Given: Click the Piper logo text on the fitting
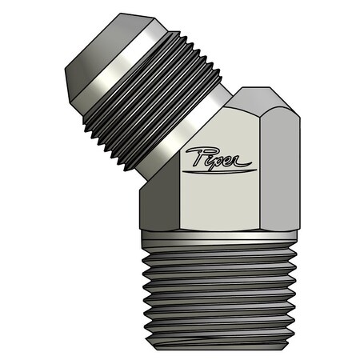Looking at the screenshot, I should click(217, 158).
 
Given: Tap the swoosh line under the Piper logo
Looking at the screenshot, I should click(220, 169).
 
